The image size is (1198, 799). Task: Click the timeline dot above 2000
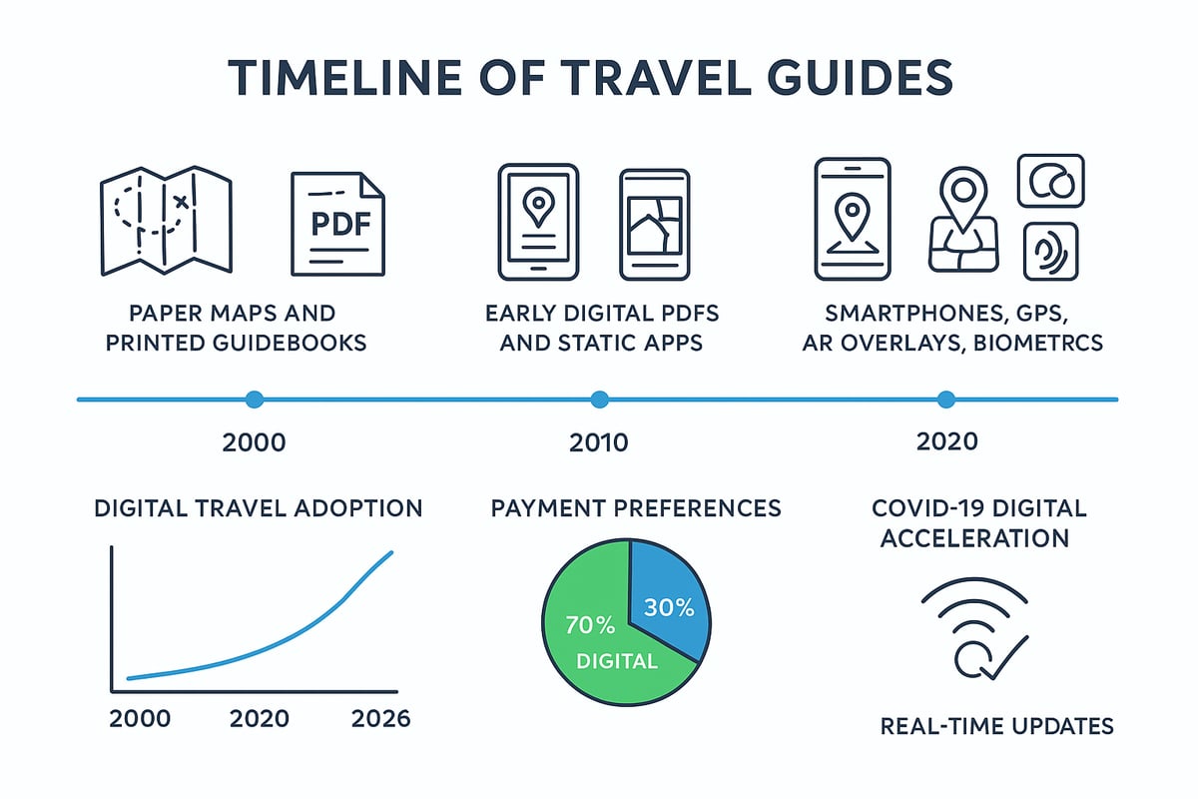[x=255, y=399]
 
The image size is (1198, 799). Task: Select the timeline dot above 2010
[x=599, y=399]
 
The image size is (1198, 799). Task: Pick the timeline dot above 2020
[x=945, y=399]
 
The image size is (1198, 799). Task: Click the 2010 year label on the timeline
[x=599, y=442]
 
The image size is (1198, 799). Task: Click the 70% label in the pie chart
[x=590, y=626]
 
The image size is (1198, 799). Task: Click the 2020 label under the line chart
[x=260, y=719]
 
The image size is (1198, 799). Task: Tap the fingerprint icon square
[x=1050, y=251]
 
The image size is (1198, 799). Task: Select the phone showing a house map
[x=655, y=223]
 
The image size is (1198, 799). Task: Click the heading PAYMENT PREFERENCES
[x=636, y=508]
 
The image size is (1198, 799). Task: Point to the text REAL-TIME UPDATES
[x=996, y=726]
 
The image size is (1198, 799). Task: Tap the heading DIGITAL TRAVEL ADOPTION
[x=259, y=508]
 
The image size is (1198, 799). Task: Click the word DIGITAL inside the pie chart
[x=617, y=661]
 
